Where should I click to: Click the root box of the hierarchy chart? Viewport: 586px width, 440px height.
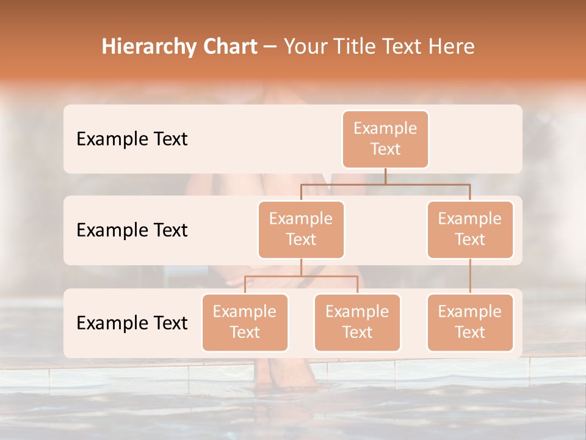385,139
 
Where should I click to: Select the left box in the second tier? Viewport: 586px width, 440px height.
301,229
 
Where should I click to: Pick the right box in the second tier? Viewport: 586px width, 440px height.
470,229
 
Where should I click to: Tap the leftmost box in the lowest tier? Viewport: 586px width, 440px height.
245,322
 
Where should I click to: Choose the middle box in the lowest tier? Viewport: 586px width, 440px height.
357,322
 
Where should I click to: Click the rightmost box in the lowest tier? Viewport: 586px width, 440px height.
470,322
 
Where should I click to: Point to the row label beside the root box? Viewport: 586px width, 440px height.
132,139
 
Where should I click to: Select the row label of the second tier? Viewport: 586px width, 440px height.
132,230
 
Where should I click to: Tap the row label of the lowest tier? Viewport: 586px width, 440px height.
132,323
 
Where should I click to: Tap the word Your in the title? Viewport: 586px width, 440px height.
305,46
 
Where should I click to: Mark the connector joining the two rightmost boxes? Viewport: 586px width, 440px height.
470,276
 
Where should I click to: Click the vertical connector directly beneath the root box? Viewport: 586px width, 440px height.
385,176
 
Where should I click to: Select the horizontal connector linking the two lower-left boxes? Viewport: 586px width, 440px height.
301,276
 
